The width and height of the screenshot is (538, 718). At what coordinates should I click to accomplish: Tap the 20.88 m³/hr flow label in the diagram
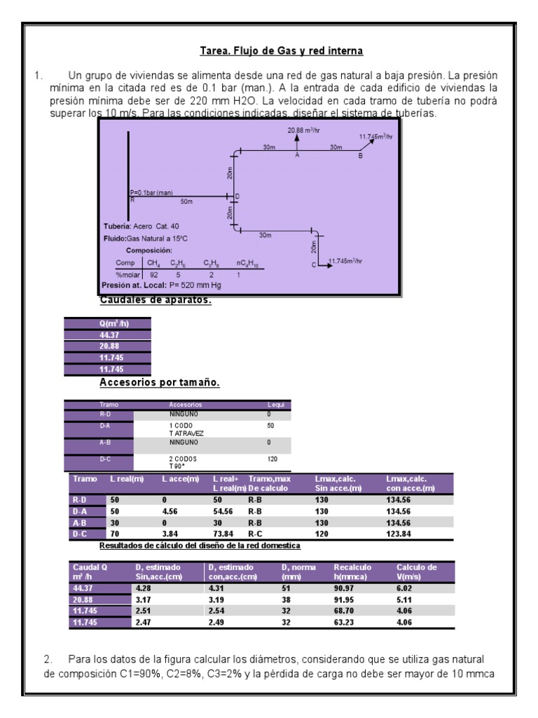pos(303,130)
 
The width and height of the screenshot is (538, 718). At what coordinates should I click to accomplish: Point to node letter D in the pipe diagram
pos(237,196)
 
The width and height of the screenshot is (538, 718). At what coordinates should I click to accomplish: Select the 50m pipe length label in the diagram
pos(186,201)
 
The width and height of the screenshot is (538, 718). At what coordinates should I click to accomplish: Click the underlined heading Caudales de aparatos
pos(156,301)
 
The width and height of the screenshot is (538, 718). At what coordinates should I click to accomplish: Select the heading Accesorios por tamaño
pos(160,383)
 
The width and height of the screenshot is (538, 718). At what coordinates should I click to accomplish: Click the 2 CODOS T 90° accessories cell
pos(184,462)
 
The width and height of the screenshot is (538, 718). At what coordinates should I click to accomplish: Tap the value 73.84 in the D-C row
pos(223,533)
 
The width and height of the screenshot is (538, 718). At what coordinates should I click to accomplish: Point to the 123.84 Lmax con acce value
pos(399,533)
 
